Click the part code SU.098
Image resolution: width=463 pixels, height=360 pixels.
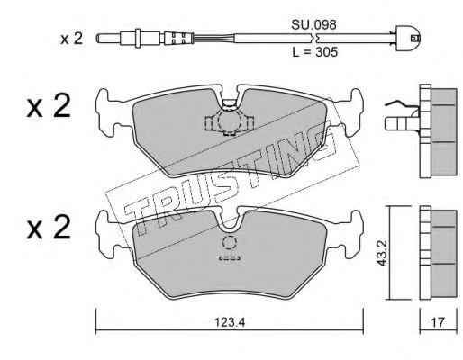pos(313,25)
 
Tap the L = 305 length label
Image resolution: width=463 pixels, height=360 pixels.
pos(315,52)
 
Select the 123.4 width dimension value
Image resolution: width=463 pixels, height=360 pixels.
pos(230,322)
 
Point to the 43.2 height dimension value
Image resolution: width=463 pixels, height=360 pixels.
pos(382,253)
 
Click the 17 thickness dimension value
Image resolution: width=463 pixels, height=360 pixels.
pos(438,322)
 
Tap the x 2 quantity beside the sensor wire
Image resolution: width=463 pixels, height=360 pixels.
pos(71,39)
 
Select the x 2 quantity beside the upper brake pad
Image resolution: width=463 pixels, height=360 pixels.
pos(49,106)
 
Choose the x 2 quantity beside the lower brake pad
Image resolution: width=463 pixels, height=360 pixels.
pos(49,228)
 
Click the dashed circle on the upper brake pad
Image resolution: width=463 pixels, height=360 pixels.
pos(230,121)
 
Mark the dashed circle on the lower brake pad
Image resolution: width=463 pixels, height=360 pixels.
pos(230,242)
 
